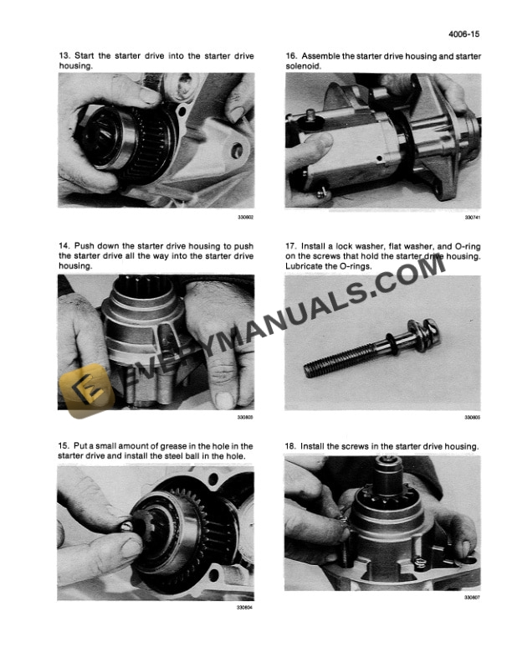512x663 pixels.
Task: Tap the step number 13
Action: [64, 54]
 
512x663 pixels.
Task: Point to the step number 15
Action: [64, 446]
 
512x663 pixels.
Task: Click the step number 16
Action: [291, 54]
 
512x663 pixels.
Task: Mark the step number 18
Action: [291, 446]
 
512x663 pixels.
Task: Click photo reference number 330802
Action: [245, 216]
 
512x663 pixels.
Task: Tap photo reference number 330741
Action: [473, 216]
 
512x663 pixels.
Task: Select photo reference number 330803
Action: [245, 416]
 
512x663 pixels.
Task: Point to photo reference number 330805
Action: [473, 416]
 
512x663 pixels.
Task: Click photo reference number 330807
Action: [473, 597]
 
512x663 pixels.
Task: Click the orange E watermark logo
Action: [84, 389]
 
